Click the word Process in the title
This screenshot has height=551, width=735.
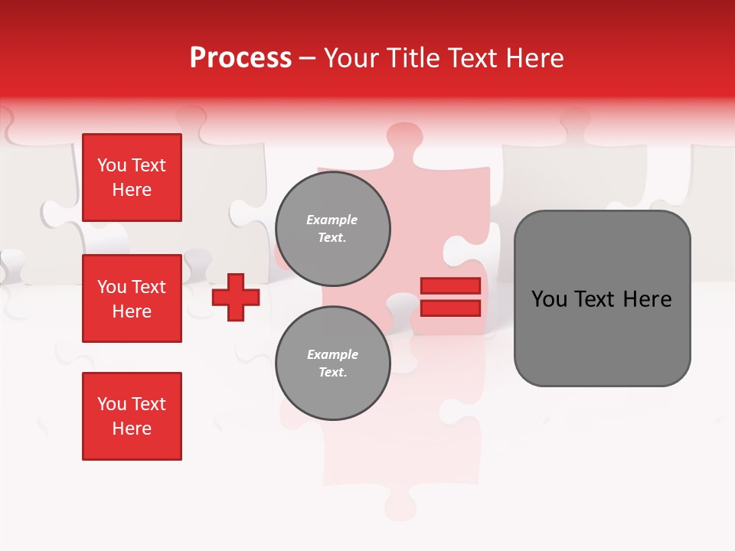[x=240, y=58]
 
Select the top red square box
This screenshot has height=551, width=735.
[x=132, y=178]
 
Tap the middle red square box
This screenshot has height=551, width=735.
[x=132, y=298]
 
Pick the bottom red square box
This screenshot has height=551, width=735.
[x=132, y=416]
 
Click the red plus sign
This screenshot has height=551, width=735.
[x=236, y=297]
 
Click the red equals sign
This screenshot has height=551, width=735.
[x=450, y=297]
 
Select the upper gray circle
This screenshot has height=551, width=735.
[x=333, y=229]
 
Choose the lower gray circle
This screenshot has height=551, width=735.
[x=333, y=364]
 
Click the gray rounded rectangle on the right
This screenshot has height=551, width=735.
[x=602, y=298]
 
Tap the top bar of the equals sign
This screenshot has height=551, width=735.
[x=450, y=286]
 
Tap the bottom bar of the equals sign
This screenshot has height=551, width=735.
[x=450, y=308]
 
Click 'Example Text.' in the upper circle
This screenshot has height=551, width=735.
[x=332, y=229]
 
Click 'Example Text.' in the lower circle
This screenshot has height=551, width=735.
[x=332, y=364]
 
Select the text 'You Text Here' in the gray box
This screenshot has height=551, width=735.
[x=602, y=299]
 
